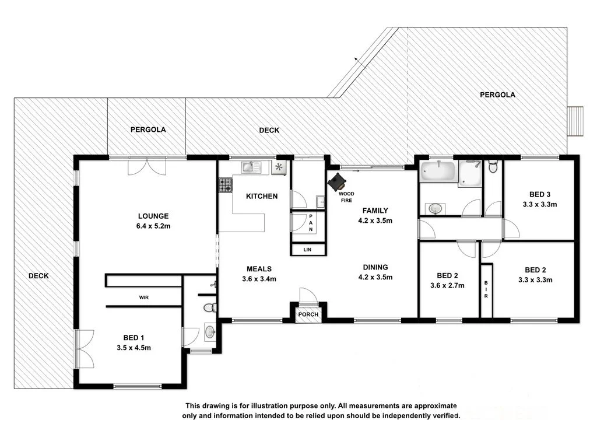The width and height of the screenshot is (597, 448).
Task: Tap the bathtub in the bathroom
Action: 437,172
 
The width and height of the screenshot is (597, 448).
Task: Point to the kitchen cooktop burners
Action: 225,185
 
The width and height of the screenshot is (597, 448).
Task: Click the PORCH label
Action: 308,314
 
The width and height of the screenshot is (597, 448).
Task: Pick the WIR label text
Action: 143,297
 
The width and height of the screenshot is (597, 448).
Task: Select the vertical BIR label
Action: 486,290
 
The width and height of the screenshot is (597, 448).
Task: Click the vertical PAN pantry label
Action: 311,222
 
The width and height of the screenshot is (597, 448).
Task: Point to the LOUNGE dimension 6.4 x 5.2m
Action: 153,226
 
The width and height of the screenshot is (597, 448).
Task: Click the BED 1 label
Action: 131,337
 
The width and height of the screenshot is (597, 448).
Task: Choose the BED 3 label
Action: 539,194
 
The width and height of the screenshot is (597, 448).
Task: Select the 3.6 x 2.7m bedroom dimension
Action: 447,286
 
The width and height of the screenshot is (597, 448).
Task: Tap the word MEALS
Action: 259,269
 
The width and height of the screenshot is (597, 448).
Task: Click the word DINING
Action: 374,268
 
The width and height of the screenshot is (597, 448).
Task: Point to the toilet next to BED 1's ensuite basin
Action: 209,307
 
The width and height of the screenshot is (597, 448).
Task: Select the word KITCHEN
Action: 261,196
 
